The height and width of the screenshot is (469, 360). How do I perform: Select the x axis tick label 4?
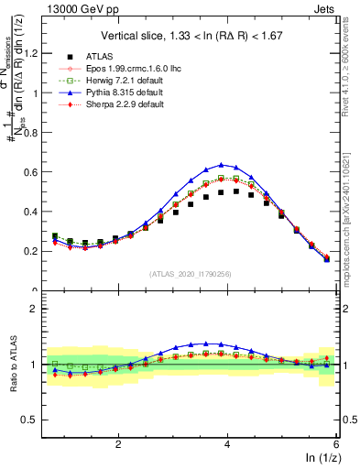pyautogui.click(x=227, y=443)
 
